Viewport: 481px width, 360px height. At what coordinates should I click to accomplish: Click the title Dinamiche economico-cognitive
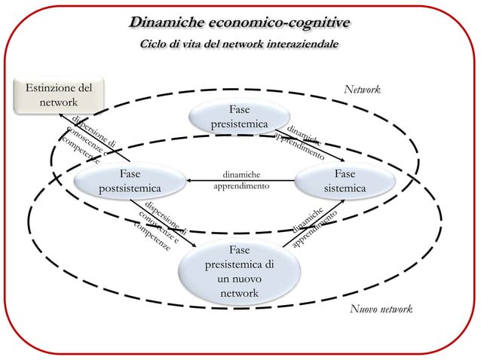tap(239, 22)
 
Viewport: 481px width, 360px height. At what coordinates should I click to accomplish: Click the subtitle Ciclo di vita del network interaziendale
tap(240, 44)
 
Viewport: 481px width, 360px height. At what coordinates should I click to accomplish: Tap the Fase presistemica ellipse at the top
tap(240, 116)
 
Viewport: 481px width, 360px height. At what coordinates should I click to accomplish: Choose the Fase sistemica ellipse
tap(344, 180)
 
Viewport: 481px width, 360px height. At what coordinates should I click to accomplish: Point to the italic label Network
tap(362, 90)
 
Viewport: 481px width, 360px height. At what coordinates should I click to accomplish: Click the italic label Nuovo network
tap(381, 310)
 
